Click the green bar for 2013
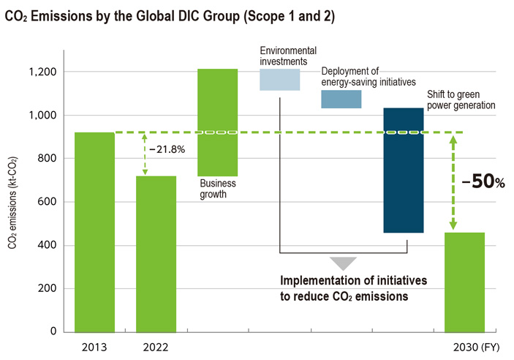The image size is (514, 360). pos(95,232)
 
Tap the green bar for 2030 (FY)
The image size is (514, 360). pos(464,282)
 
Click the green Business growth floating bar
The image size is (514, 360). pos(218,122)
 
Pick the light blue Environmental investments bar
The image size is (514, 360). pos(279,80)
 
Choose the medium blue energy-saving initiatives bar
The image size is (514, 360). pos(341,99)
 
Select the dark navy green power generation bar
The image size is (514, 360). pos(404,170)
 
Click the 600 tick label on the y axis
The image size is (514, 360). pos(48,202)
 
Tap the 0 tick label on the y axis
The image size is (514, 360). pos(54,331)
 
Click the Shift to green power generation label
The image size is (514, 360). pos(461,100)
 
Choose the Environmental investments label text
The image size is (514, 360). pos(288,56)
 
